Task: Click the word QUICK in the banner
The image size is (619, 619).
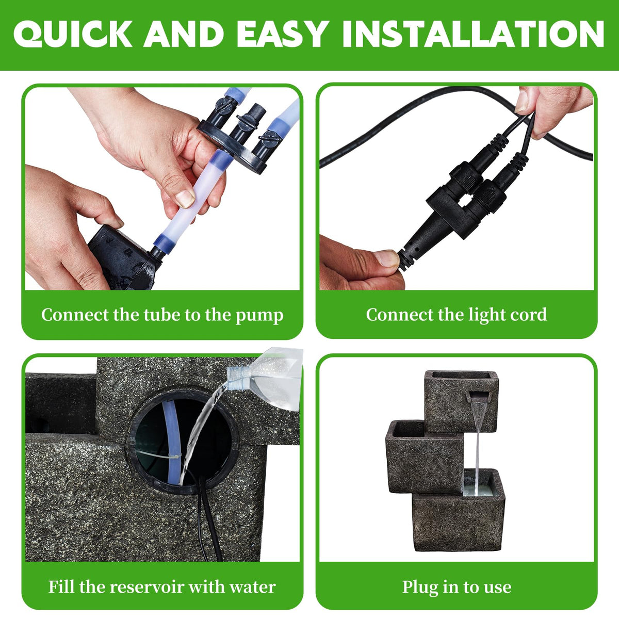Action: click(x=73, y=34)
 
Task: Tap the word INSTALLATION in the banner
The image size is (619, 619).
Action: click(x=474, y=34)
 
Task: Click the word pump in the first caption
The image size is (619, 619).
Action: click(x=259, y=316)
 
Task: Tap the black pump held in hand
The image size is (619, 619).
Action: click(x=124, y=257)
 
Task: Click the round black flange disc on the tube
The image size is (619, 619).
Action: click(x=231, y=146)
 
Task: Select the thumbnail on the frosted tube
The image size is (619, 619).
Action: click(x=185, y=199)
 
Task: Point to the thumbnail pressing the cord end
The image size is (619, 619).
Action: click(x=387, y=258)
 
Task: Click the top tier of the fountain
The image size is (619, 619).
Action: click(x=461, y=401)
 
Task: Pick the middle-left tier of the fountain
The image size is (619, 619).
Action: click(x=425, y=456)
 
